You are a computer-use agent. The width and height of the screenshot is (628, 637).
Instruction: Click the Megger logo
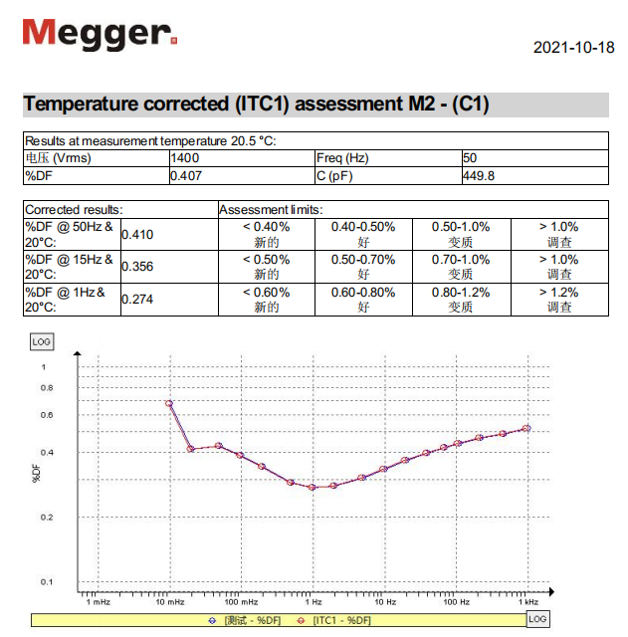pyautogui.click(x=100, y=34)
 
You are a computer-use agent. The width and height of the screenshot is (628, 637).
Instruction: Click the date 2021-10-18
pyautogui.click(x=574, y=48)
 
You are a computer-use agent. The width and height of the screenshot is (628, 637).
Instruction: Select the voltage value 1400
pyautogui.click(x=186, y=158)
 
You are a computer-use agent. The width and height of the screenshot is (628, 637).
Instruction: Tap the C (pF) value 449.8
pyautogui.click(x=480, y=175)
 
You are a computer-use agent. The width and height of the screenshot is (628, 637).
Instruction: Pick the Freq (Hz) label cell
pyautogui.click(x=343, y=158)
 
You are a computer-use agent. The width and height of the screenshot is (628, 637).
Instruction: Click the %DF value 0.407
pyautogui.click(x=187, y=175)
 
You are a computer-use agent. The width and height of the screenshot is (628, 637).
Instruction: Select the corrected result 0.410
pyautogui.click(x=137, y=235)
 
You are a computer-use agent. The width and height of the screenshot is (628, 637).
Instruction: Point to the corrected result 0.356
pyautogui.click(x=137, y=267)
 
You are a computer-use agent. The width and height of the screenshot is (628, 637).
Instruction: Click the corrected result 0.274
pyautogui.click(x=137, y=300)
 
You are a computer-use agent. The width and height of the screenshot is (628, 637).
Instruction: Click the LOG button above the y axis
pyautogui.click(x=42, y=341)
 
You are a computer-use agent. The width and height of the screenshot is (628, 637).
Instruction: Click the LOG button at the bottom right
pyautogui.click(x=537, y=619)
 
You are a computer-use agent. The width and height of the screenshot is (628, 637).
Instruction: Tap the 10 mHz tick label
pyautogui.click(x=169, y=602)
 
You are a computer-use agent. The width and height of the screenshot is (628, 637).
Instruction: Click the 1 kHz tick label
pyautogui.click(x=527, y=602)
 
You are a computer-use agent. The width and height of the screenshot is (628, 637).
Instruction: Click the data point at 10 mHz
pyautogui.click(x=169, y=403)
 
